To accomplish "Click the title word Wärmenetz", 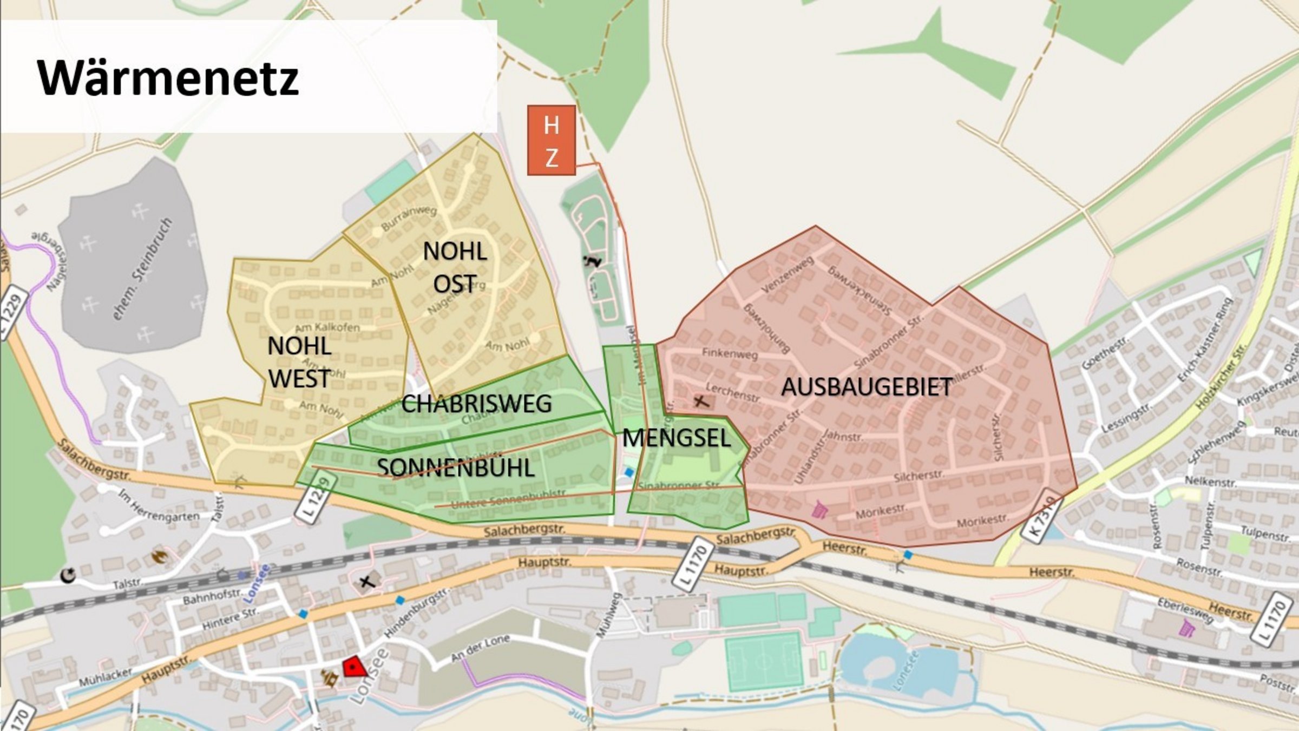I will click(168, 78).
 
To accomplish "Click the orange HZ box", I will click(551, 141).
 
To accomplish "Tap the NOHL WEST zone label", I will click(299, 362).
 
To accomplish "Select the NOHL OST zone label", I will click(455, 267).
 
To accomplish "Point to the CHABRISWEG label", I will click(476, 404).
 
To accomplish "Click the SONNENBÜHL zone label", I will click(456, 467).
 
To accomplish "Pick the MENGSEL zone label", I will click(677, 438).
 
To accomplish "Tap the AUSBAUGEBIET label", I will click(867, 387).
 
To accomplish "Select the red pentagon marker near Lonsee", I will click(354, 667).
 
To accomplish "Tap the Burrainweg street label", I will click(409, 218).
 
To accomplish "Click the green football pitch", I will click(764, 661).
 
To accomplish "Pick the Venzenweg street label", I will click(787, 275).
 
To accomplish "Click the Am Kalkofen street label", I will click(327, 327).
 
